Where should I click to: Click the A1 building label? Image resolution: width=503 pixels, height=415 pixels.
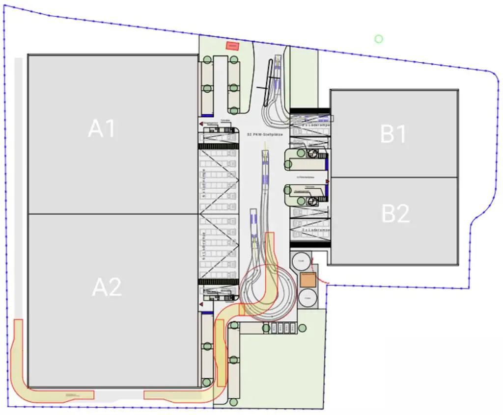(x=102, y=129)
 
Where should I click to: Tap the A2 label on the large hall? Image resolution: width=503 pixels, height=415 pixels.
(x=107, y=287)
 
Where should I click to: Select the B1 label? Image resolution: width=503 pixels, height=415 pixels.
(x=393, y=134)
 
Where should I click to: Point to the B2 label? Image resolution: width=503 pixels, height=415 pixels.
(x=395, y=214)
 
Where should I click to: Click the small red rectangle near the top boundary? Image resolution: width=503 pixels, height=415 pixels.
(x=231, y=46)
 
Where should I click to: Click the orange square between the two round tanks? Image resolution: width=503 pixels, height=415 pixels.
(x=308, y=280)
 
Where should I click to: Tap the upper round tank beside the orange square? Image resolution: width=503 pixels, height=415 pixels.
(x=302, y=262)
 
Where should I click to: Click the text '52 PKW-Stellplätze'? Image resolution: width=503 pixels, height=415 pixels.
(x=264, y=134)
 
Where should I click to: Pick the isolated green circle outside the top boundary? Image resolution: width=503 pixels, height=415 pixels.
(x=378, y=39)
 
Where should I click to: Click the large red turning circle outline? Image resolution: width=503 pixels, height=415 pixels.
(x=268, y=294)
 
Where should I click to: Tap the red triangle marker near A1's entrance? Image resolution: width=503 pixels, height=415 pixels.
(x=201, y=125)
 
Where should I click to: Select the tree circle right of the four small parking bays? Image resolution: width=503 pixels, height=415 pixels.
(x=302, y=328)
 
